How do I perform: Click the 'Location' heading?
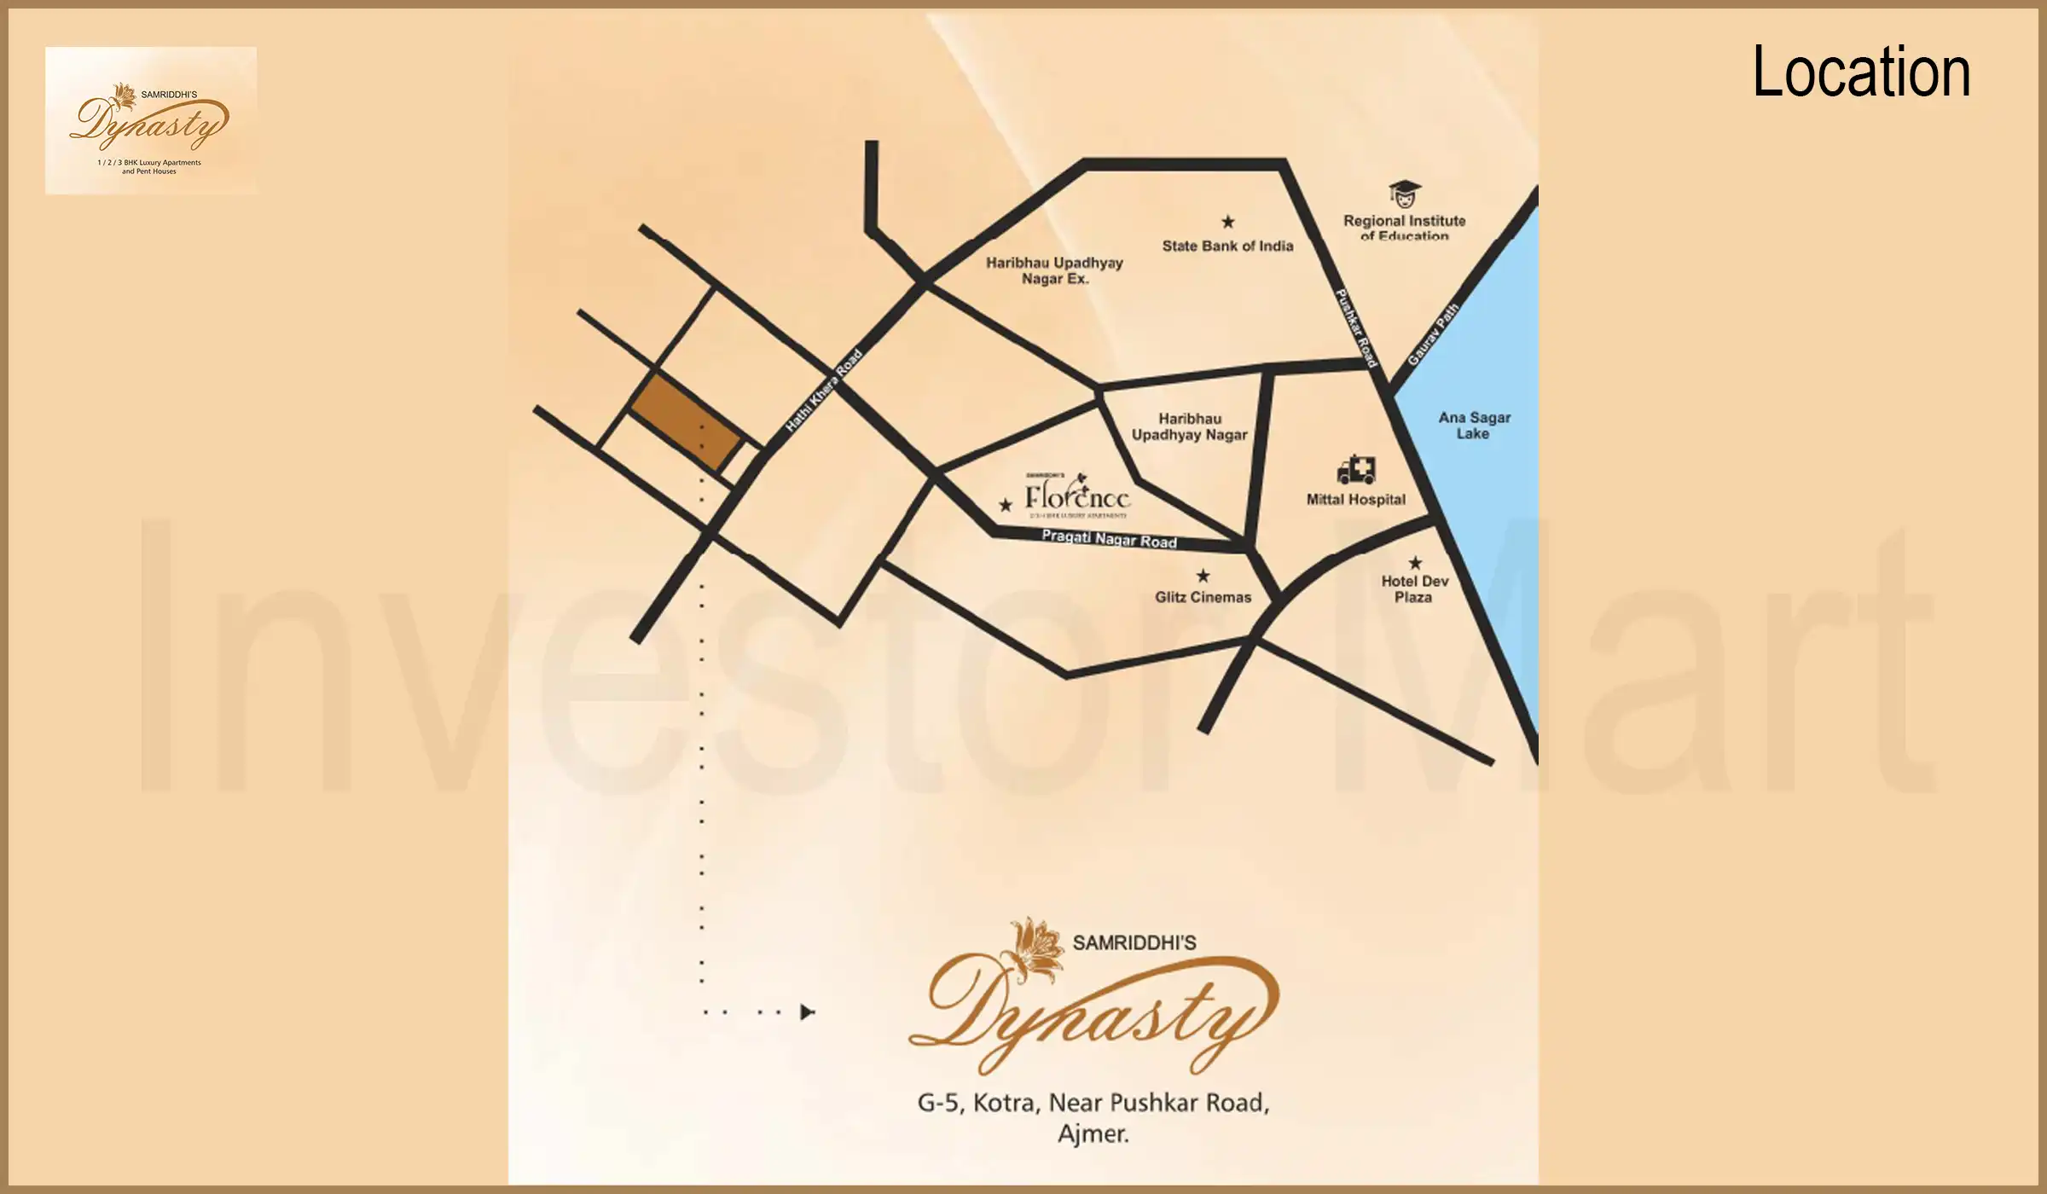(1860, 72)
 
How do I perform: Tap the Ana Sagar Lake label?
(1473, 426)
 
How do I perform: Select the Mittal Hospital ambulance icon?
(1356, 470)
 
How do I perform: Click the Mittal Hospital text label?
(1356, 500)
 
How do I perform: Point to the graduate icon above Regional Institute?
(1404, 194)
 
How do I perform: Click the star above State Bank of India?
(1228, 222)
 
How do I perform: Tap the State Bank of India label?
(1227, 246)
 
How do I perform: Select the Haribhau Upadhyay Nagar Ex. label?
(1054, 270)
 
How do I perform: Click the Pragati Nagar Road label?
(1109, 539)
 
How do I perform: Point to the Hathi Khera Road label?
(824, 391)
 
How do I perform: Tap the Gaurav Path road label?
(1433, 334)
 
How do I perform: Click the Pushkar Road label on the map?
(1356, 328)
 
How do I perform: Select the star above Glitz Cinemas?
(1203, 576)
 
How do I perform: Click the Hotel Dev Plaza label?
(1414, 589)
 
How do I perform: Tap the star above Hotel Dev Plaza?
(1415, 563)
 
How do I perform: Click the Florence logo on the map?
(1077, 496)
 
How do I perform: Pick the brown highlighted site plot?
(686, 422)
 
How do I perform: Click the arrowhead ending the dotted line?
(807, 1012)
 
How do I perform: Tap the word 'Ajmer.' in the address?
(1093, 1134)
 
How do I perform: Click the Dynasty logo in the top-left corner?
(150, 121)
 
